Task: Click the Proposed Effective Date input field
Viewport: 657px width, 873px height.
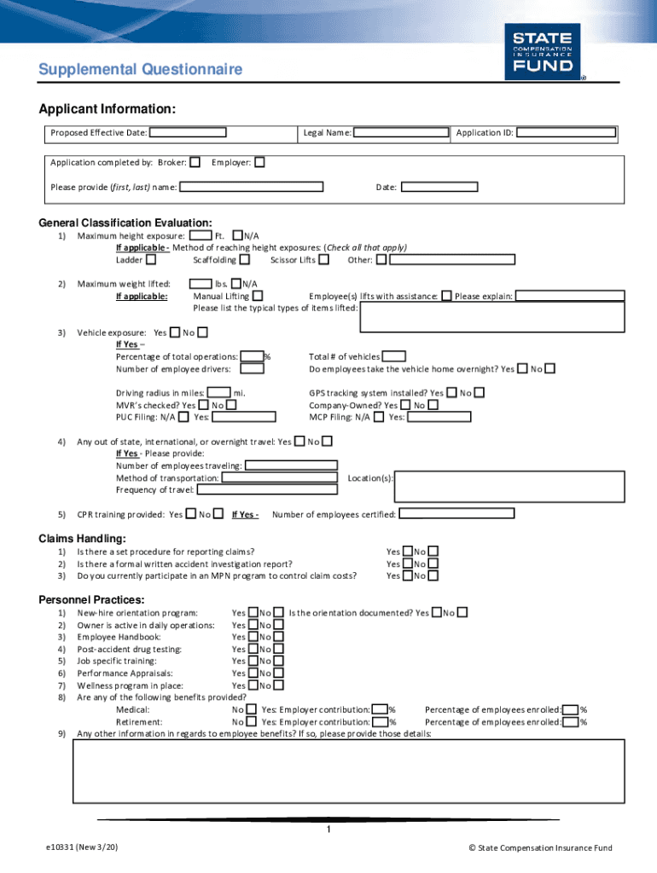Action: pos(188,133)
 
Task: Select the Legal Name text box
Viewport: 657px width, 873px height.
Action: pos(401,133)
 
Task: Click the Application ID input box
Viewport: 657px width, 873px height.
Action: pos(566,133)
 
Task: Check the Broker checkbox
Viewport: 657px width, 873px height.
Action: pos(195,162)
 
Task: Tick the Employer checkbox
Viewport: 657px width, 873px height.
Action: pos(259,162)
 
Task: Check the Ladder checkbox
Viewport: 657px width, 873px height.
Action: pos(151,259)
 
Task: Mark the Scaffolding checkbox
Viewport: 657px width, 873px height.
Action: pos(245,259)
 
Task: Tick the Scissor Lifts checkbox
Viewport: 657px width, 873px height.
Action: pos(323,259)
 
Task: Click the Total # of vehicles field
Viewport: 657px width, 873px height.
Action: pos(394,356)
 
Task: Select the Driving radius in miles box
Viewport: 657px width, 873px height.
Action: pos(218,393)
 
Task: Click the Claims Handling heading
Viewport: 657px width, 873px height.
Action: pos(83,539)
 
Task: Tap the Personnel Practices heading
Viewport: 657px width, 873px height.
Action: pos(91,600)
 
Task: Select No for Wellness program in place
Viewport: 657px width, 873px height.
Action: pos(278,685)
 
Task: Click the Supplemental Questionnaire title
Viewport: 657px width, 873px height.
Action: pos(140,70)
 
